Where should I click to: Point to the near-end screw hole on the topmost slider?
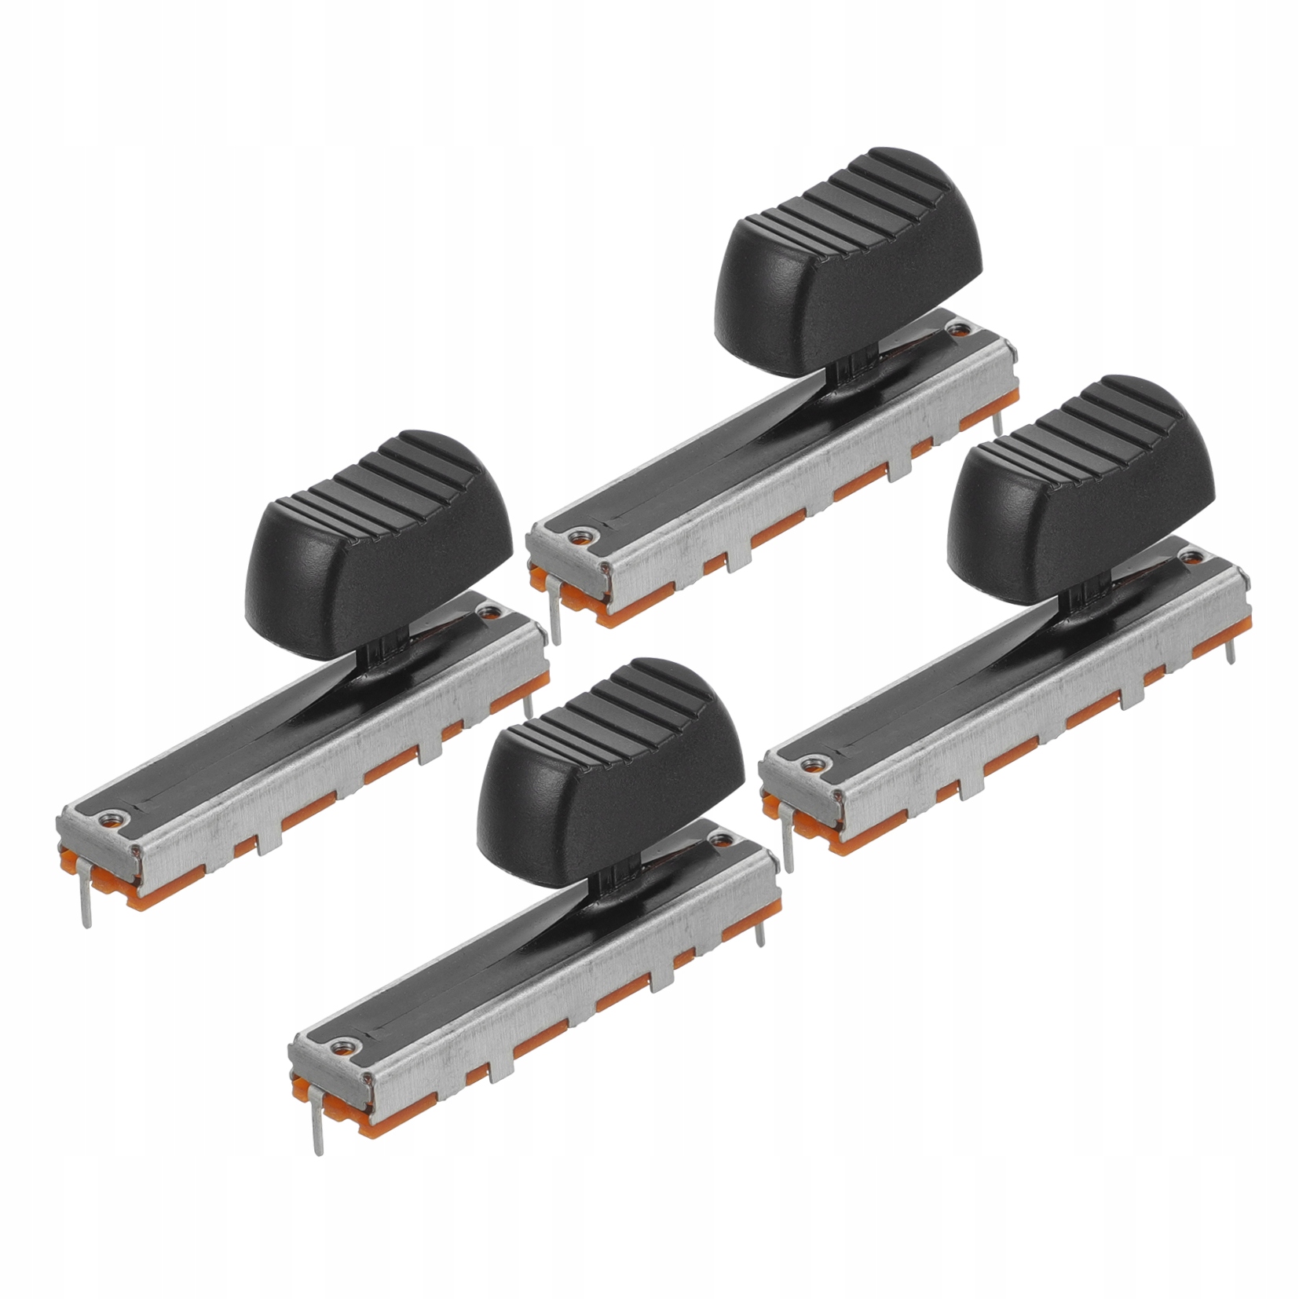click(x=579, y=536)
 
